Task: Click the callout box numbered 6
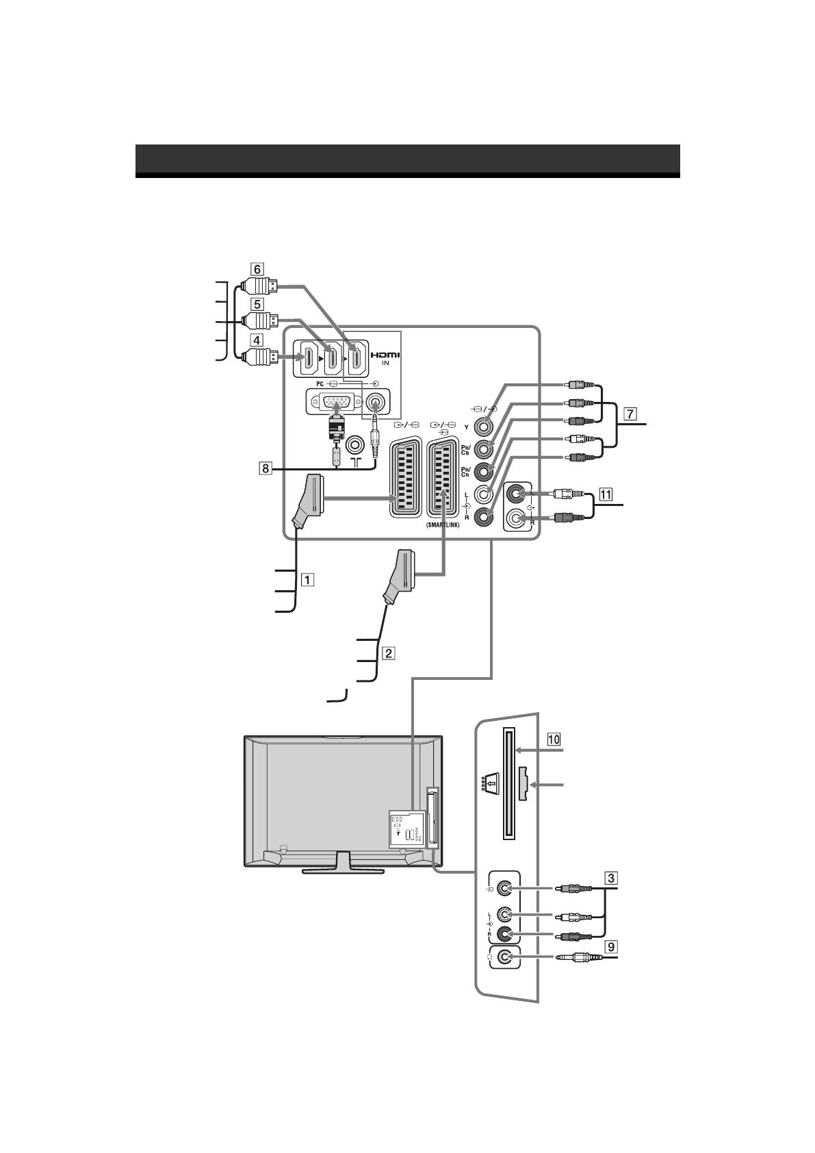[255, 268]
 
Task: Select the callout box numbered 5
[255, 303]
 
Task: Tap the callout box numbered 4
[255, 339]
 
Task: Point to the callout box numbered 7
[630, 414]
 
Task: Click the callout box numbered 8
[264, 468]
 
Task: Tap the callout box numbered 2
[387, 652]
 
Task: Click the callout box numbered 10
[553, 739]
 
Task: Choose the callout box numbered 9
[610, 947]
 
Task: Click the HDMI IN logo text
[385, 357]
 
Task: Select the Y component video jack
[484, 425]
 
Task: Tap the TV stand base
[344, 871]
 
